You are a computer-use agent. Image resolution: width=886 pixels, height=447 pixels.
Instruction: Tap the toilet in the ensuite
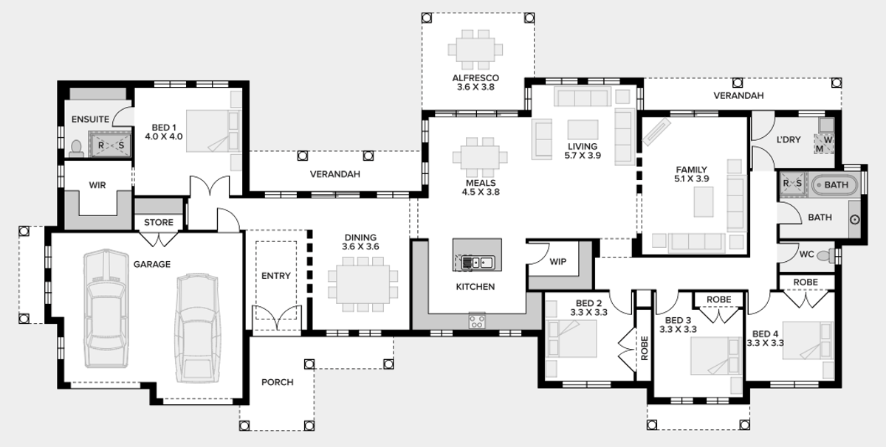(75, 149)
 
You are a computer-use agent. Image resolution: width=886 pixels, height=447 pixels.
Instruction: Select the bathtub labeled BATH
(835, 184)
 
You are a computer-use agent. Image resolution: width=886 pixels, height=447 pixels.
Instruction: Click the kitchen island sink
(476, 261)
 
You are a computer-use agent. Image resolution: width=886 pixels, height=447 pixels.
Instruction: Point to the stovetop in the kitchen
(477, 321)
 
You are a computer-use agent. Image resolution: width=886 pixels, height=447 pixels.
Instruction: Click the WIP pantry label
(559, 261)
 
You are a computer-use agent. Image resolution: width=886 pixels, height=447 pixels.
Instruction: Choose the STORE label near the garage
(159, 222)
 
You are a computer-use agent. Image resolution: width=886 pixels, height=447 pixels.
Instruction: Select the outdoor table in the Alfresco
(475, 49)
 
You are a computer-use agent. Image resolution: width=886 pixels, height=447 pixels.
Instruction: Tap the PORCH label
(277, 382)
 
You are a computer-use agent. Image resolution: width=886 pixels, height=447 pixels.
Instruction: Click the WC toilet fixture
(831, 255)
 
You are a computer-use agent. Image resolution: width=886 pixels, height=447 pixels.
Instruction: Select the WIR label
(97, 185)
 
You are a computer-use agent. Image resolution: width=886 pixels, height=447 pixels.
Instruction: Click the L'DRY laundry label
(788, 140)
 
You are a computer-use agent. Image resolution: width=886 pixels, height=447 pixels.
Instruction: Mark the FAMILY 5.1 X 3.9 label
(691, 174)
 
